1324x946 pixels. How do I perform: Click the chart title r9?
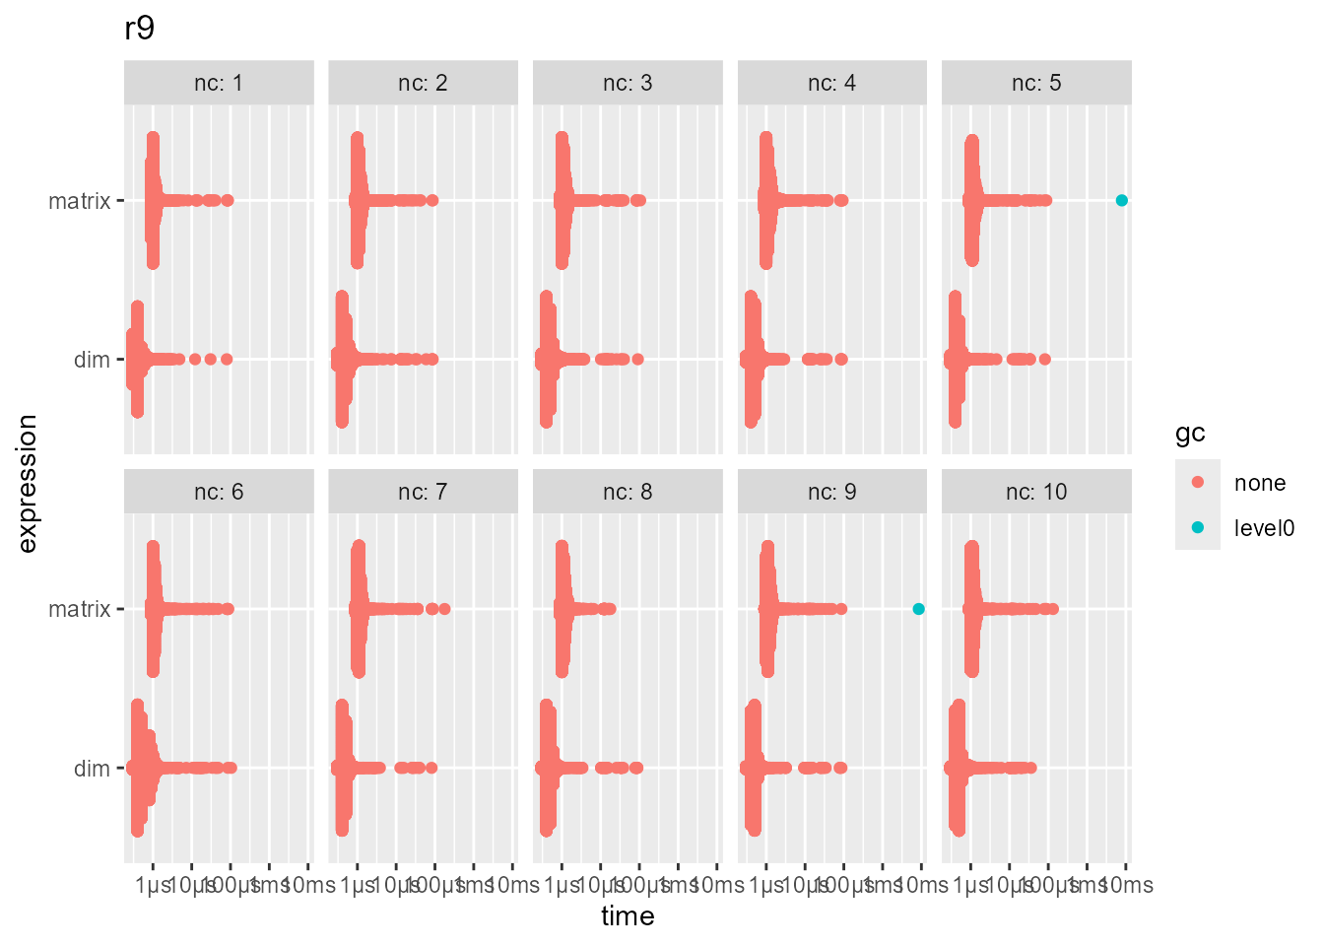(140, 29)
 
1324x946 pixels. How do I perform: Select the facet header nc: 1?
(219, 83)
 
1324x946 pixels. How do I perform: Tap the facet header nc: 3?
(628, 83)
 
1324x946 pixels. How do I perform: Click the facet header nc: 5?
(1036, 83)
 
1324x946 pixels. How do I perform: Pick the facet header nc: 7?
(423, 492)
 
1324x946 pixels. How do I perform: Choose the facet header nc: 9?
(831, 492)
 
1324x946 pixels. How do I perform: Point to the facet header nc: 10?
(1036, 492)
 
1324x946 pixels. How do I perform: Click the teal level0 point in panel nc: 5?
(1121, 200)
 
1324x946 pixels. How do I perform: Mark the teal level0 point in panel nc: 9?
(918, 609)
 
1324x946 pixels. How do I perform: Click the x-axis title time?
(628, 916)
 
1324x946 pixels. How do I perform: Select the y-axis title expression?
(28, 483)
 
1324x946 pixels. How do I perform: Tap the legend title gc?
(1190, 434)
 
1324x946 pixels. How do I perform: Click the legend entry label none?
(1260, 483)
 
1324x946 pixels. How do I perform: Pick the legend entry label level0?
(1264, 528)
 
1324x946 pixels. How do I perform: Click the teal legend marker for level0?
(1198, 527)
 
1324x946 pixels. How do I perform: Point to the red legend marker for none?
(1198, 482)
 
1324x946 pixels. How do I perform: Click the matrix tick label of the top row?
(79, 201)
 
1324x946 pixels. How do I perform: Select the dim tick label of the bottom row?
(92, 769)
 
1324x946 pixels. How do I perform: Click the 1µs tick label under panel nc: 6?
(154, 885)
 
